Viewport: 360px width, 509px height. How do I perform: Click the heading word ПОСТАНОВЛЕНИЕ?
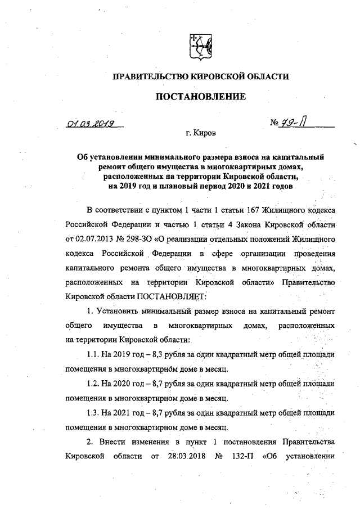pos(200,97)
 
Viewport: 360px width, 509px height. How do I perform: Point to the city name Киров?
pos(202,134)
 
